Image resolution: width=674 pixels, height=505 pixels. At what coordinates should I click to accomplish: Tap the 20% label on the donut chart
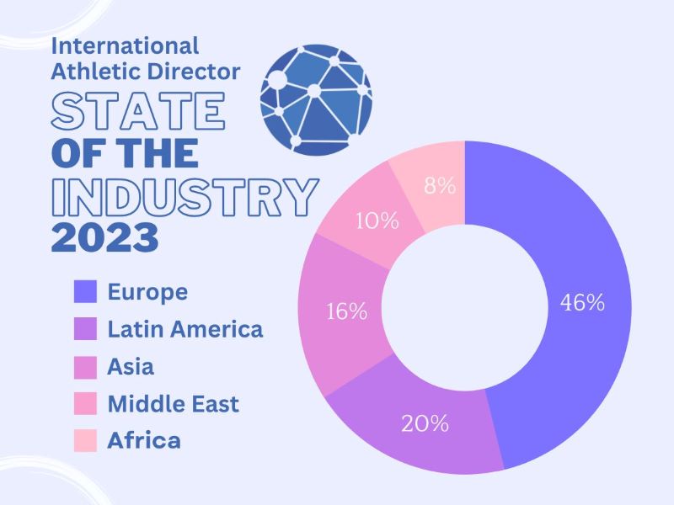[x=426, y=423]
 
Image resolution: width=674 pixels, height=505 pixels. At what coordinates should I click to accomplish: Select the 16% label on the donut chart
[x=347, y=311]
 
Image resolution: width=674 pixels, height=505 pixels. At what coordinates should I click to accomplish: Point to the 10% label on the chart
[x=377, y=221]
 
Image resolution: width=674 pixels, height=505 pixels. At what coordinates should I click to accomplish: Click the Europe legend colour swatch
[x=86, y=292]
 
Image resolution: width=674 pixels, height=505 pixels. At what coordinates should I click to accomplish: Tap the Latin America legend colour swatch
[x=86, y=329]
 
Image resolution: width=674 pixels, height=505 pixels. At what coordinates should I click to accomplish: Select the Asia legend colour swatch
[x=86, y=366]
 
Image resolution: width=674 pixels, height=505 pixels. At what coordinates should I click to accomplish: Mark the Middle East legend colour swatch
[x=86, y=403]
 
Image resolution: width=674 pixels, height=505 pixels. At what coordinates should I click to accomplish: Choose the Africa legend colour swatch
[x=86, y=440]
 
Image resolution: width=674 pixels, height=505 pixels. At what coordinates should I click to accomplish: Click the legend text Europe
[x=147, y=292]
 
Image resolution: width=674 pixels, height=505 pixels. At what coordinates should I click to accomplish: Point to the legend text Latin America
[x=185, y=329]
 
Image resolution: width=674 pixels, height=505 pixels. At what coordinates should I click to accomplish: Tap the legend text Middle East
[x=174, y=403]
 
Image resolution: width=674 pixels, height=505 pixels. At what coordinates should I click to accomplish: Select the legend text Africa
[x=144, y=440]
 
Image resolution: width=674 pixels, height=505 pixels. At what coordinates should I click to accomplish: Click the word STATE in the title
[x=138, y=112]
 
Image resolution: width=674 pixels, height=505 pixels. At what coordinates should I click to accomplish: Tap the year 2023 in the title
[x=104, y=239]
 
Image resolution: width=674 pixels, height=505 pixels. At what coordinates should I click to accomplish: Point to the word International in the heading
[x=126, y=45]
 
